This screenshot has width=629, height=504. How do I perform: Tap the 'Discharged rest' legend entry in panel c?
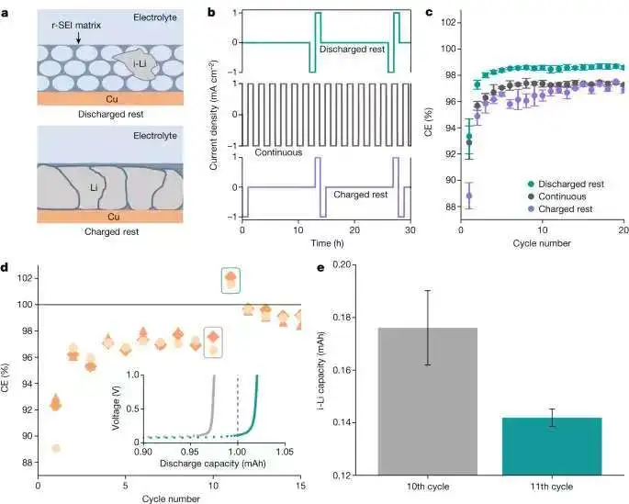(564, 184)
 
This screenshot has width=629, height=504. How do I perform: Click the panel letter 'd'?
(6, 266)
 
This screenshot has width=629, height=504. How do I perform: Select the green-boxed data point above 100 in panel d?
(231, 278)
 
